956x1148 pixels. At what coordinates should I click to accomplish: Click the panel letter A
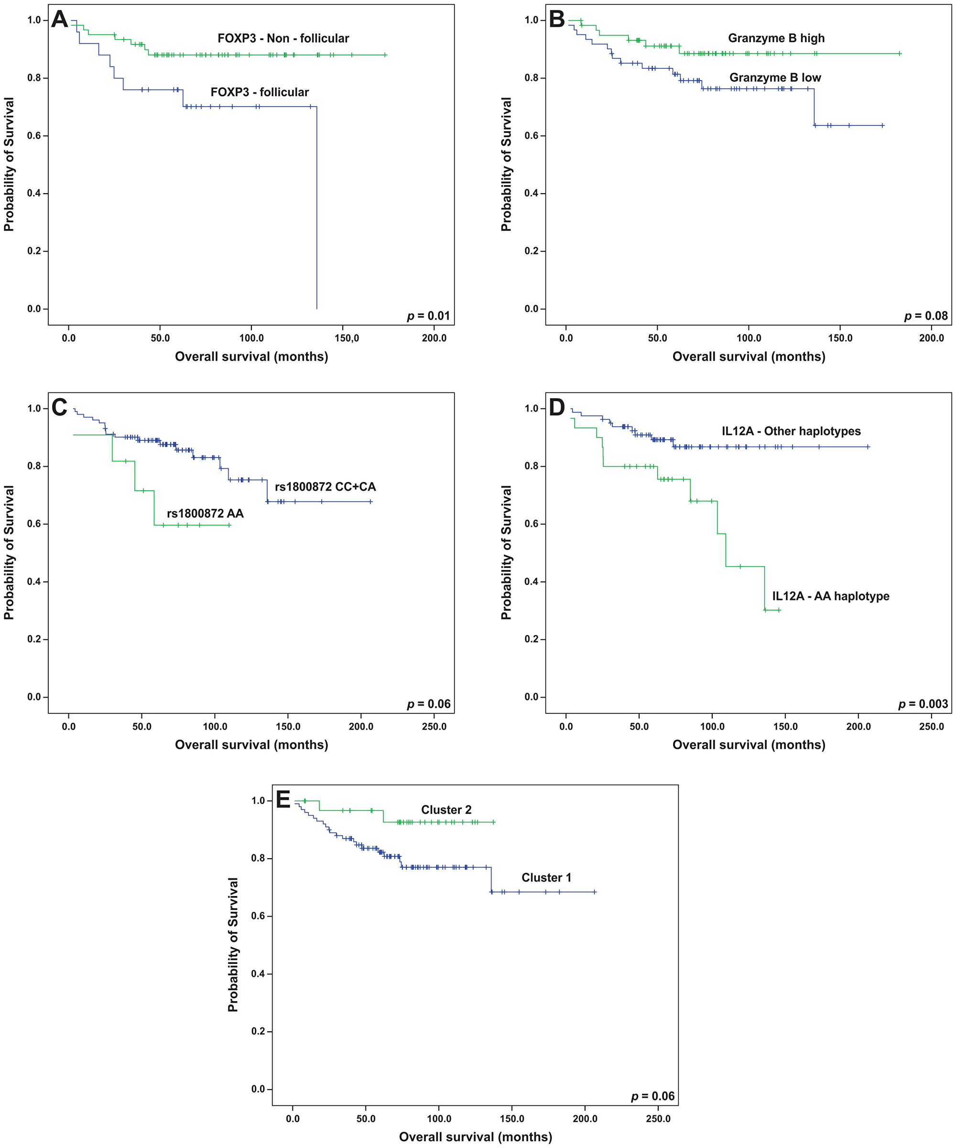[x=60, y=20]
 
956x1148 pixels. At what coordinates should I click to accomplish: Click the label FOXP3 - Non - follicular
[x=283, y=38]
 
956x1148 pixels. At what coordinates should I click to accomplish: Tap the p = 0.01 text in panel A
[x=429, y=316]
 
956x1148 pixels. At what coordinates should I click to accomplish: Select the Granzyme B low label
[x=775, y=77]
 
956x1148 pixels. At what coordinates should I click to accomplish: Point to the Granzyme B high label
[x=776, y=38]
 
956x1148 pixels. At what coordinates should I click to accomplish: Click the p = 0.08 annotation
[x=926, y=316]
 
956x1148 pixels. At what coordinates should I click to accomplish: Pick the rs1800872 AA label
[x=205, y=514]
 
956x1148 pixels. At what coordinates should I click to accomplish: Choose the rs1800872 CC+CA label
[x=325, y=487]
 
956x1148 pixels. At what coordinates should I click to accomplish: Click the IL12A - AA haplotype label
[x=830, y=596]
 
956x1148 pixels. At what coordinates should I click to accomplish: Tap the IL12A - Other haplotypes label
[x=791, y=431]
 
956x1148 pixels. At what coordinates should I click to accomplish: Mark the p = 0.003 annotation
[x=923, y=704]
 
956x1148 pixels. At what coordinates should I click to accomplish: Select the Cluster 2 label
[x=446, y=809]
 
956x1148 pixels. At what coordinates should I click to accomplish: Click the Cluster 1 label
[x=546, y=877]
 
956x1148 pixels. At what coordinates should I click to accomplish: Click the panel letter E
[x=283, y=800]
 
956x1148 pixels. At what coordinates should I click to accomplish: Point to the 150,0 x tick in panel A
[x=347, y=338]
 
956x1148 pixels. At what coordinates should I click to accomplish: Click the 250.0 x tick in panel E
[x=658, y=1118]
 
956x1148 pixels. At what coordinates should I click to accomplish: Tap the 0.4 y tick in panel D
[x=531, y=582]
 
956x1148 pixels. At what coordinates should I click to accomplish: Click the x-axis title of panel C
[x=251, y=744]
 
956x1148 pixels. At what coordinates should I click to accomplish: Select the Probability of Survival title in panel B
[x=506, y=164]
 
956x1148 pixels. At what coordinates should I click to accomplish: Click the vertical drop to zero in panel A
[x=317, y=208]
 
